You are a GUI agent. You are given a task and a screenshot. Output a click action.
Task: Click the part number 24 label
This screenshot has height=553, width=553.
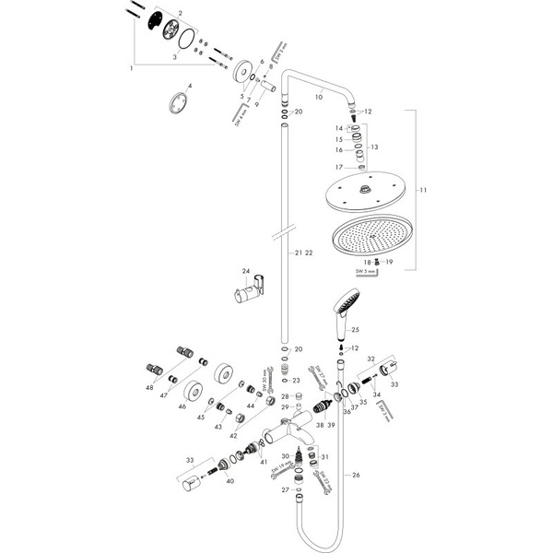[x=245, y=272]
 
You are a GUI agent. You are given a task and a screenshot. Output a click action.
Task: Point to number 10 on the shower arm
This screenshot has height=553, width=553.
[x=319, y=95]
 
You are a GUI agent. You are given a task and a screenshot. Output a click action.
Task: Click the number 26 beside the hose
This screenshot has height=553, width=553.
[x=356, y=476]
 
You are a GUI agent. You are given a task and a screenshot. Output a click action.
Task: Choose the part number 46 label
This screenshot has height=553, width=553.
[x=182, y=405]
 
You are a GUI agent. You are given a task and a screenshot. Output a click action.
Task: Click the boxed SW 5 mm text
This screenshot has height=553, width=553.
[x=367, y=272]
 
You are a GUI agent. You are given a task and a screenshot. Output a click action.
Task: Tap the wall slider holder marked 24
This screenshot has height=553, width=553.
[x=243, y=296]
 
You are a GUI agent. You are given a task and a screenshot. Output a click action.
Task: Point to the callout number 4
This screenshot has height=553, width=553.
[x=189, y=86]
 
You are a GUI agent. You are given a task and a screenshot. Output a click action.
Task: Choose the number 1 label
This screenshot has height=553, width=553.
[x=132, y=69]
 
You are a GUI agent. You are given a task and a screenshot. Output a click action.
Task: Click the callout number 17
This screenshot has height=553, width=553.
[x=339, y=167]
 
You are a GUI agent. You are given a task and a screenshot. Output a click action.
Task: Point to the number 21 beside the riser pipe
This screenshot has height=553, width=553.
[x=298, y=252]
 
